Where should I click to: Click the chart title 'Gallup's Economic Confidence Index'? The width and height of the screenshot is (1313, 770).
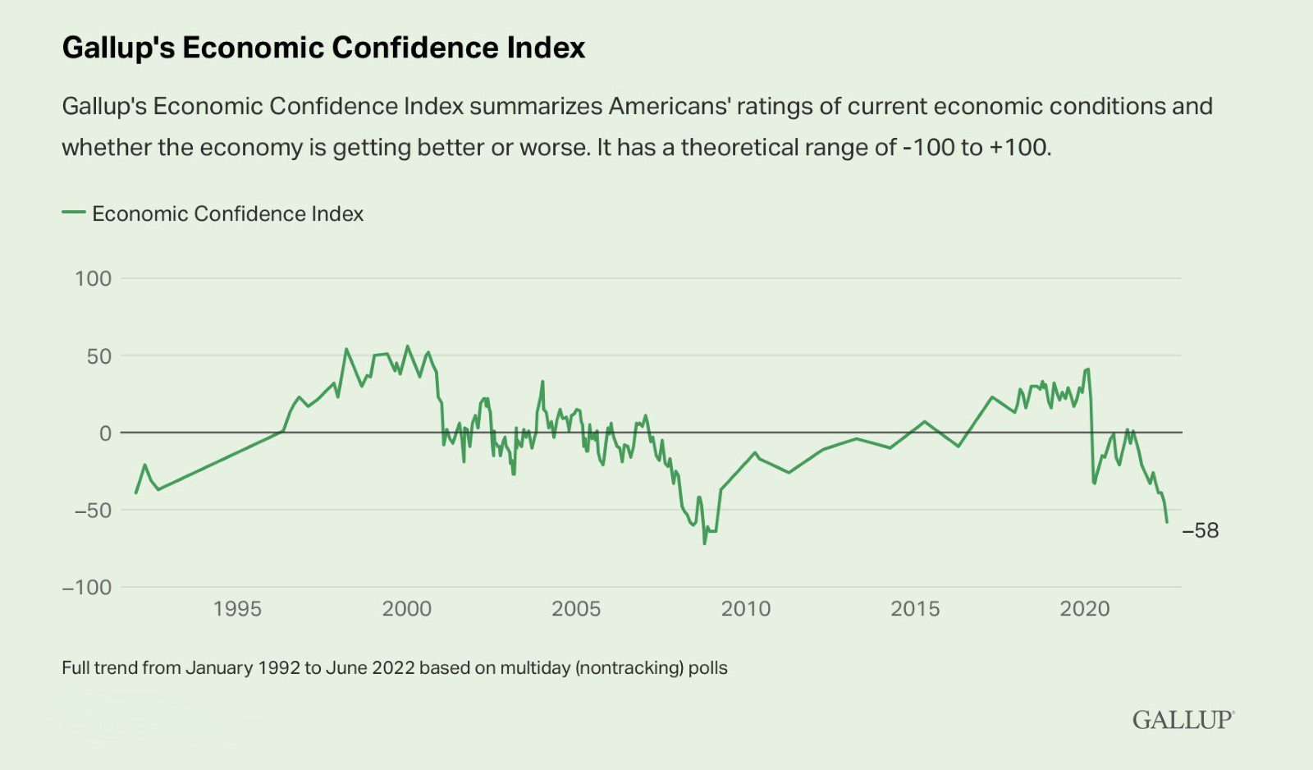click(x=323, y=48)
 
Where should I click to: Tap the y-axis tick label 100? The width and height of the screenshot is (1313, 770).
click(x=93, y=278)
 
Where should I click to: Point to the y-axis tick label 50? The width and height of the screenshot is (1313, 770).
click(x=99, y=356)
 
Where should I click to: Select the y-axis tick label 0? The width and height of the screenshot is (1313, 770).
click(x=106, y=433)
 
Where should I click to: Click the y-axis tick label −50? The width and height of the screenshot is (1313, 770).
click(x=93, y=511)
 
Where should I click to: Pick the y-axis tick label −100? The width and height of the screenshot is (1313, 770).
click(x=87, y=588)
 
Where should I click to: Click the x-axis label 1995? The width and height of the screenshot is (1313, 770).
click(x=237, y=609)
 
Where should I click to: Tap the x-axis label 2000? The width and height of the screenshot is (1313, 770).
click(x=407, y=609)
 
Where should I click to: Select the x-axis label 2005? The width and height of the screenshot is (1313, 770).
click(x=576, y=609)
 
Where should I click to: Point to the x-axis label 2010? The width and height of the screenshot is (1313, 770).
click(x=746, y=609)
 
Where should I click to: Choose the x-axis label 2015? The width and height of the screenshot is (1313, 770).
click(x=915, y=609)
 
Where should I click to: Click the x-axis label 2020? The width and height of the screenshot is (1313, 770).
click(x=1085, y=609)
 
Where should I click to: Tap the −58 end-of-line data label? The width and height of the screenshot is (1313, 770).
click(x=1201, y=531)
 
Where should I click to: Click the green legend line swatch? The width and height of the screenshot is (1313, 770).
click(x=74, y=213)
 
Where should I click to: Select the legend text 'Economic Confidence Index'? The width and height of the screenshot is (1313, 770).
click(x=228, y=213)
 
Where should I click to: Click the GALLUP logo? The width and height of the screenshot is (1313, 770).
click(x=1183, y=720)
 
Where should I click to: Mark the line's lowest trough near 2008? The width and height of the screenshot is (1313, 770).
click(x=704, y=543)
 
